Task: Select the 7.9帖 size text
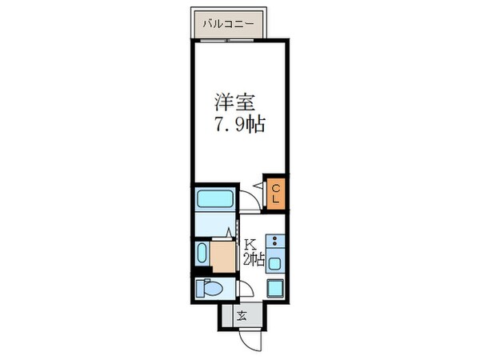(x=239, y=125)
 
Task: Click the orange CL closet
(x=275, y=194)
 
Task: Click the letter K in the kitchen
(x=250, y=244)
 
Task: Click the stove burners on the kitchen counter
(x=276, y=240)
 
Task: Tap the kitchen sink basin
(x=276, y=262)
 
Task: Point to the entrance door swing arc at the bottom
(x=253, y=335)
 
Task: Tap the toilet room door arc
(x=242, y=290)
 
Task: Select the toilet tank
(x=199, y=289)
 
